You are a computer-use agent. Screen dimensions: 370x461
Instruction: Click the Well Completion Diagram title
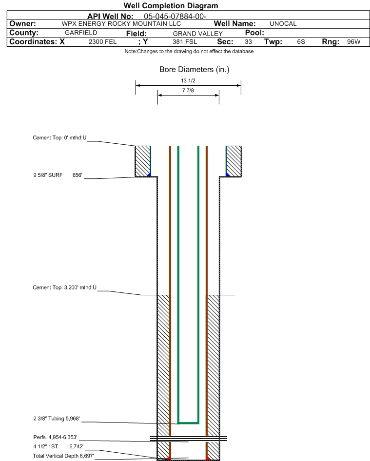[x=171, y=5]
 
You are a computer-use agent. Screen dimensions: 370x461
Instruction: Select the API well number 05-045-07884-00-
[x=175, y=17]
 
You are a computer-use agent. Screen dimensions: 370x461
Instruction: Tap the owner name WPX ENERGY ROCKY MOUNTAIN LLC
[x=121, y=24]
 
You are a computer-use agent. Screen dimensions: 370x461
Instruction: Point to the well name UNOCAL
[x=283, y=24]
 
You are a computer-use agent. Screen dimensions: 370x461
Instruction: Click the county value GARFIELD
[x=81, y=33]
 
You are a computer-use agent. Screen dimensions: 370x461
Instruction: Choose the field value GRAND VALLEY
[x=197, y=34]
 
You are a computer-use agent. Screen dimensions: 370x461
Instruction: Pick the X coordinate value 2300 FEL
[x=103, y=42]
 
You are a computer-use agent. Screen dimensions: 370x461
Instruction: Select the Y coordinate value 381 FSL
[x=185, y=42]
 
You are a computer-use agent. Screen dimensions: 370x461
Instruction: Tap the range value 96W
[x=353, y=42]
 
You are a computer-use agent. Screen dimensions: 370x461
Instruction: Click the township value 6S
[x=301, y=42]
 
